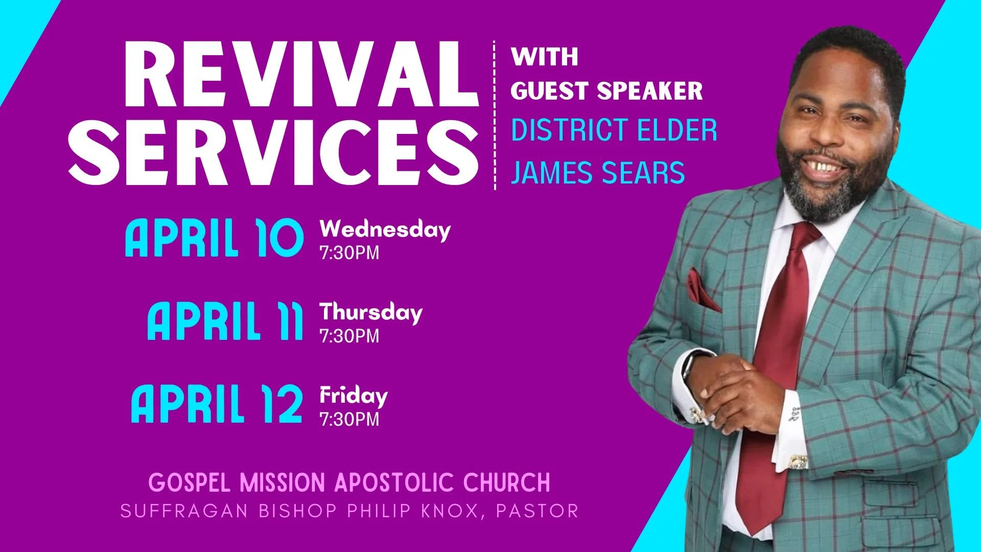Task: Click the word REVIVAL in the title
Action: (300, 74)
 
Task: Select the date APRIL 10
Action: (214, 238)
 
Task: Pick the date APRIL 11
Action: (225, 321)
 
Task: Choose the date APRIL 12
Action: (217, 404)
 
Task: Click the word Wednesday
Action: (385, 229)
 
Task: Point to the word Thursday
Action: (371, 312)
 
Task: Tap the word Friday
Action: (354, 396)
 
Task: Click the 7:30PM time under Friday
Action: (349, 420)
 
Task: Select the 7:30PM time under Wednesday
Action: (349, 253)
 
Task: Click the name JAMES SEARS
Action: (598, 173)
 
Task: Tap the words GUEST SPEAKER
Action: (606, 91)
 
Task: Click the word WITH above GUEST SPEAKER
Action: (545, 56)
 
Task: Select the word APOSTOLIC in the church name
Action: (394, 482)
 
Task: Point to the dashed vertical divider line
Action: (495, 115)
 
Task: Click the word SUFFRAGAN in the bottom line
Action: (184, 511)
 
